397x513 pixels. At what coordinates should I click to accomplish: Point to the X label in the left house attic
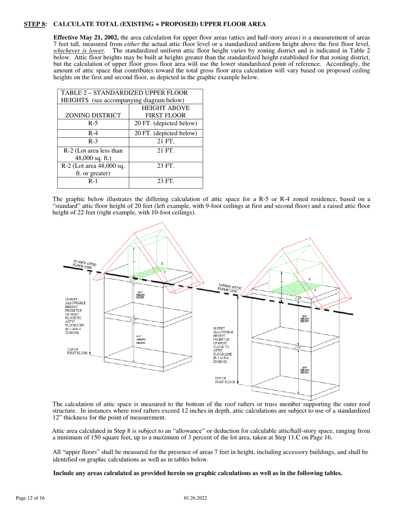pos(162,264)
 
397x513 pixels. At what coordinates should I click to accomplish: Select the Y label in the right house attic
pos(315,289)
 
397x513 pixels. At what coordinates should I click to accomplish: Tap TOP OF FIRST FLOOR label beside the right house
pos(225,380)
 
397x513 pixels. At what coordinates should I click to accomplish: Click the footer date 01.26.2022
pos(196,498)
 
